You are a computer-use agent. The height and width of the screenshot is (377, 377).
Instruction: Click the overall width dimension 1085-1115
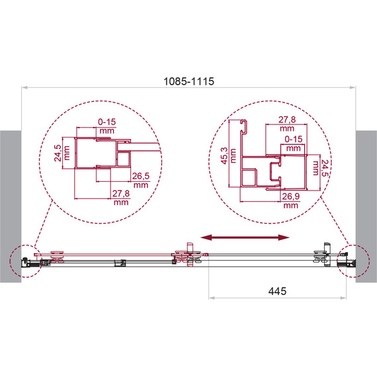click(188, 81)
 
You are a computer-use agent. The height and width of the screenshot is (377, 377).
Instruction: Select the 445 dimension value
click(277, 291)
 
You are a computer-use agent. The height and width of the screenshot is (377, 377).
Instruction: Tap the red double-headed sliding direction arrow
click(245, 237)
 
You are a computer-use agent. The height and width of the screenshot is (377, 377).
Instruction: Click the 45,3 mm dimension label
click(228, 155)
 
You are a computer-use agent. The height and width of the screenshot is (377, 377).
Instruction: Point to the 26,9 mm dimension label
click(290, 201)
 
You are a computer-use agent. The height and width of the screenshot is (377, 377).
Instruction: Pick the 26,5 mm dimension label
click(141, 181)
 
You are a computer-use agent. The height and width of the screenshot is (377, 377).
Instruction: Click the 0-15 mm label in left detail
click(106, 126)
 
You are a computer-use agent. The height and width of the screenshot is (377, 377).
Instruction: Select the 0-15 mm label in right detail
click(293, 144)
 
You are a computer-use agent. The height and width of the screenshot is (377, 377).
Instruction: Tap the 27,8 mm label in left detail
click(121, 198)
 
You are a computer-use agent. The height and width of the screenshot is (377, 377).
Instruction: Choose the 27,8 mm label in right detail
click(287, 124)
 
